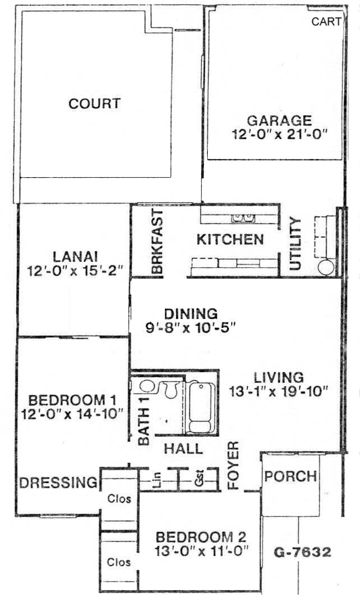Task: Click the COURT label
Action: pyautogui.click(x=94, y=104)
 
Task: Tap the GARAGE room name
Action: pyautogui.click(x=279, y=121)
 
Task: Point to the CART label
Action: pyautogui.click(x=326, y=22)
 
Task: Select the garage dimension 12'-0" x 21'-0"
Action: pyautogui.click(x=280, y=134)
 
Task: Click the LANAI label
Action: pyautogui.click(x=75, y=257)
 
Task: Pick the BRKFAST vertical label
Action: pyautogui.click(x=157, y=242)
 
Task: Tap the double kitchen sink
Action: pyautogui.click(x=243, y=218)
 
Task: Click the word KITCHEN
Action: pyautogui.click(x=230, y=240)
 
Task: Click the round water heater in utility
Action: pyautogui.click(x=326, y=267)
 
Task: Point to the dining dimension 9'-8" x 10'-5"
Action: pyautogui.click(x=190, y=328)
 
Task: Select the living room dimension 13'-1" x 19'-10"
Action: pyautogui.click(x=278, y=392)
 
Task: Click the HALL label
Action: pyautogui.click(x=183, y=449)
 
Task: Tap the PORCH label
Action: pyautogui.click(x=291, y=477)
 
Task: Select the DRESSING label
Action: pyautogui.click(x=58, y=482)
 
